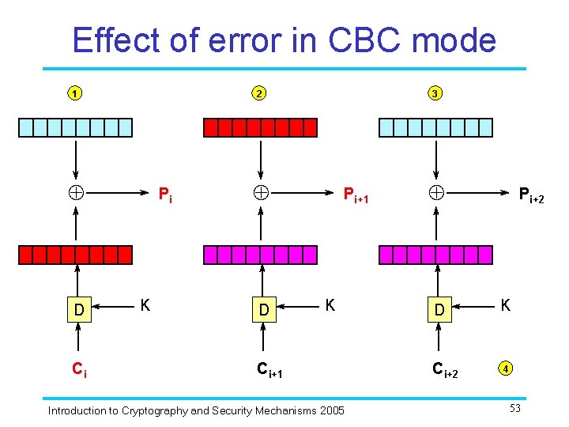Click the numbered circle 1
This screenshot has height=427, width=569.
[73, 94]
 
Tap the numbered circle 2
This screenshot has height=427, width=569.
[259, 94]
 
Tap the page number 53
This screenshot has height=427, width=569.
[515, 407]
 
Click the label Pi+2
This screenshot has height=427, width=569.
[530, 195]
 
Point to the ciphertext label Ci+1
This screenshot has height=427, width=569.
[272, 368]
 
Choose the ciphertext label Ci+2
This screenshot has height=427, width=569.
[445, 368]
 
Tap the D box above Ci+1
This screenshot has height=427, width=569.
[264, 309]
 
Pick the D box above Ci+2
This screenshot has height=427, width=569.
[439, 309]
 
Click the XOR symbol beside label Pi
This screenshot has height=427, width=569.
[76, 191]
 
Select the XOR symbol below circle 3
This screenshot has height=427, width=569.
[435, 191]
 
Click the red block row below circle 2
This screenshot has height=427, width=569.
[260, 127]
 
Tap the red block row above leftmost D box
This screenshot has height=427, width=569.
[76, 255]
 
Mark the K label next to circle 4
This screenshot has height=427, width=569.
[504, 304]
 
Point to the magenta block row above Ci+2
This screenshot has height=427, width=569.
[435, 255]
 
